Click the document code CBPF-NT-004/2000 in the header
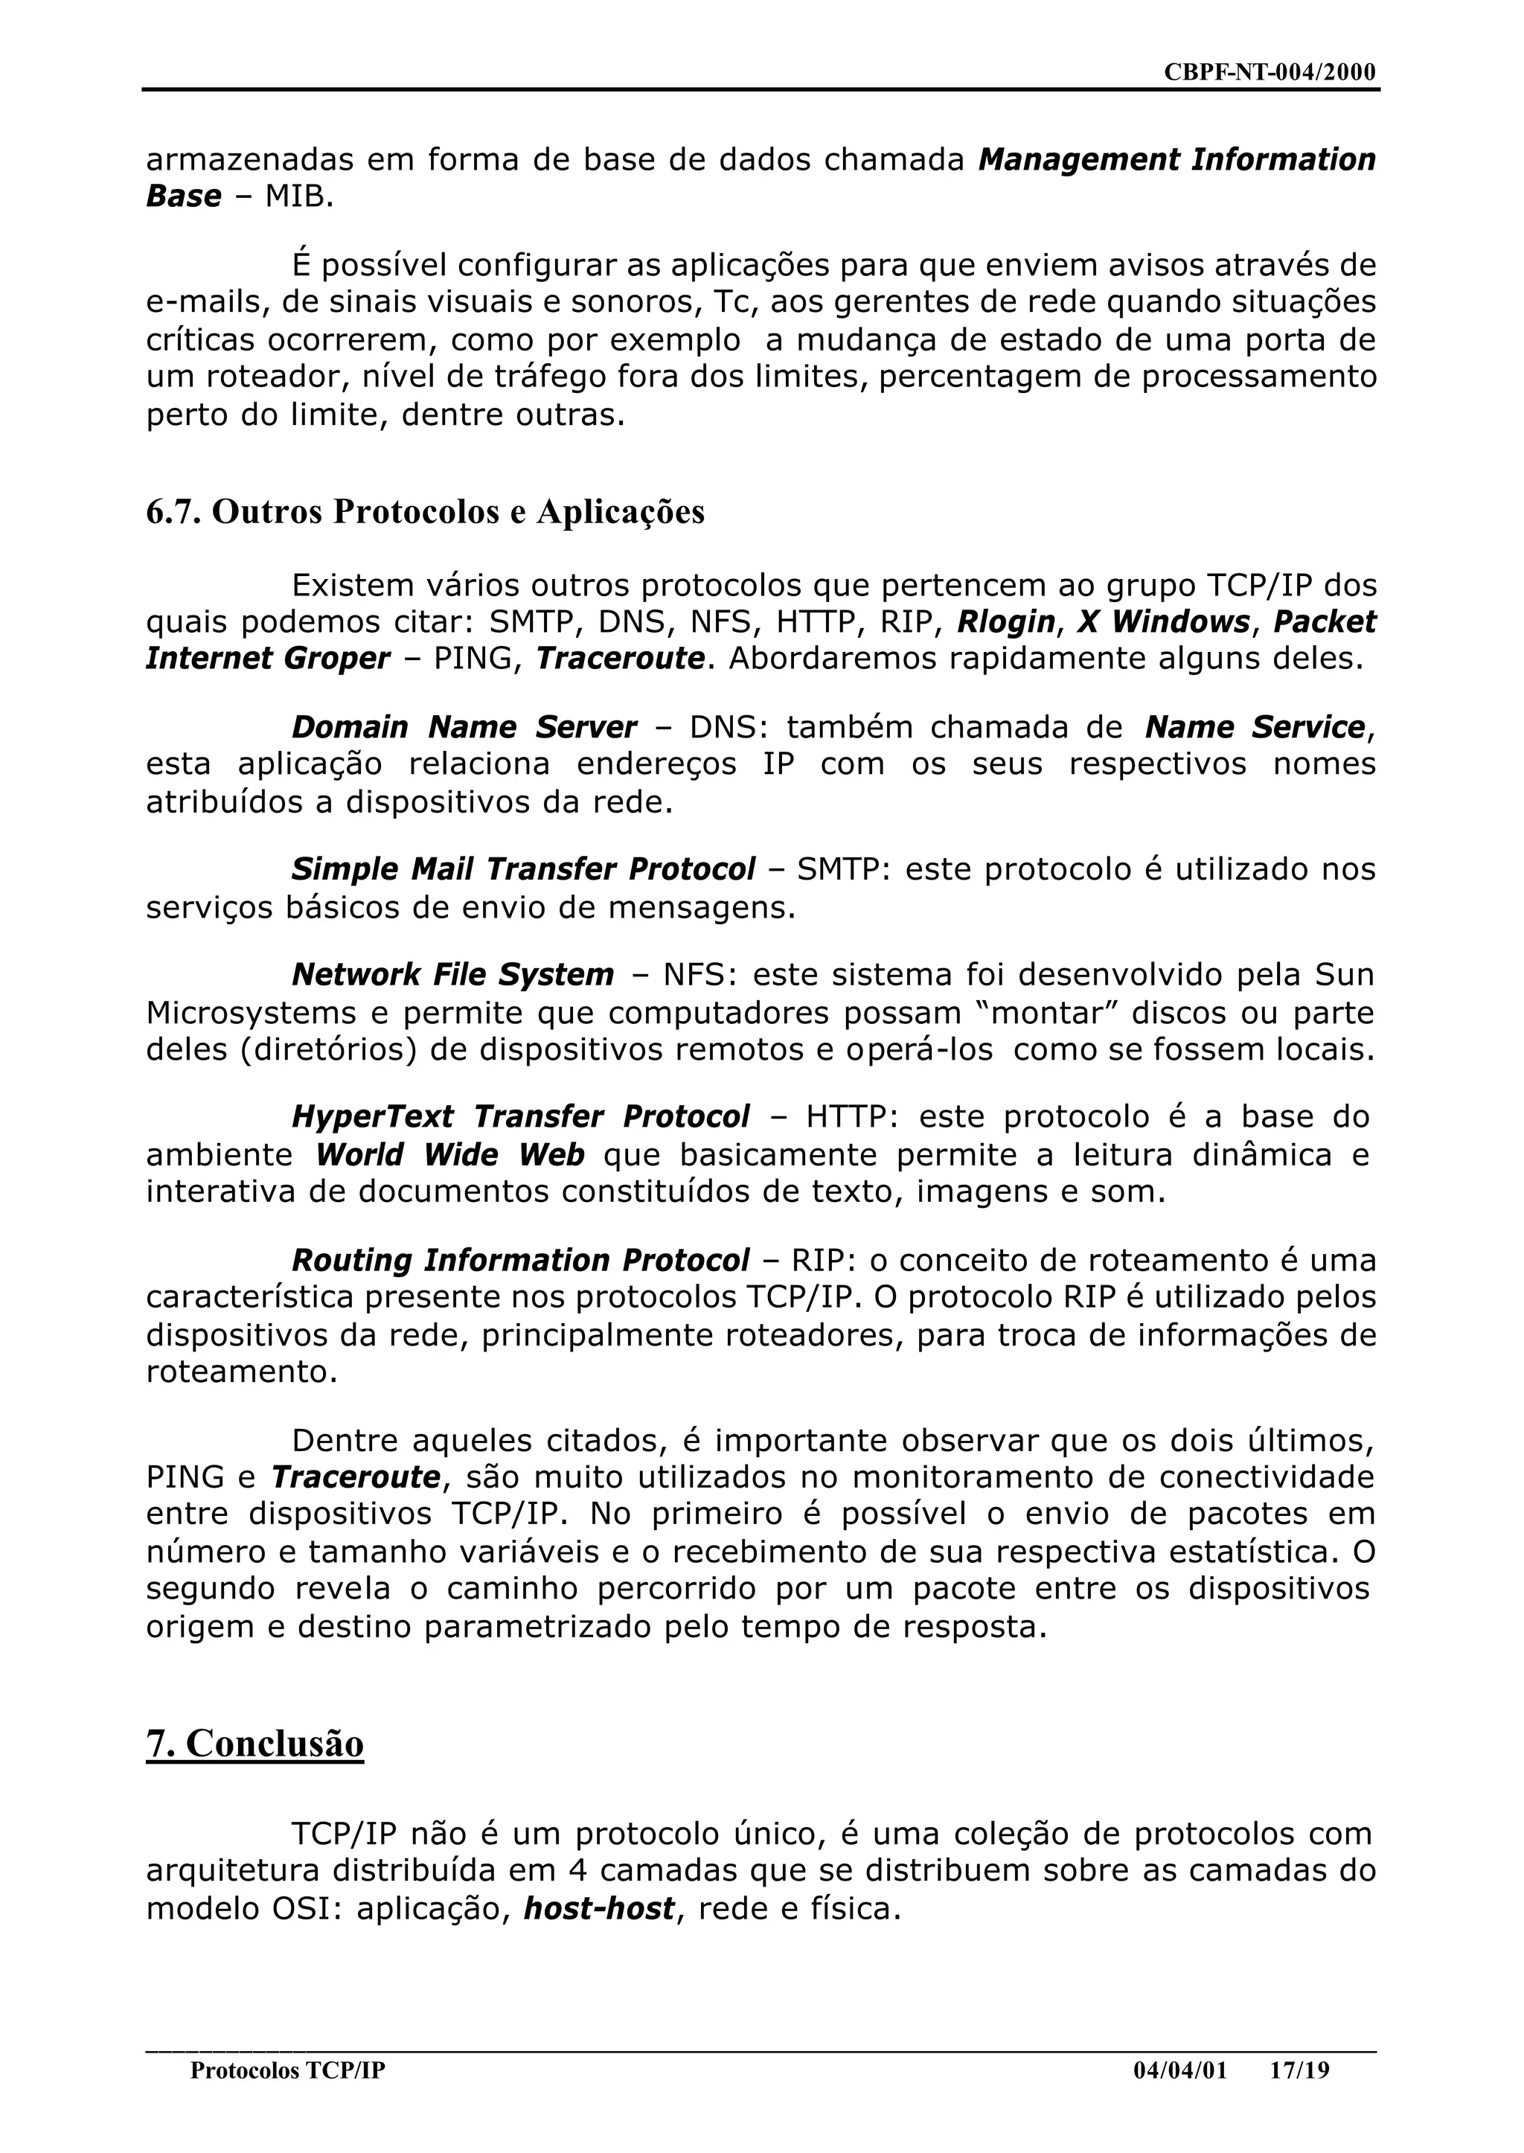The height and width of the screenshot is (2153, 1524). point(1269,72)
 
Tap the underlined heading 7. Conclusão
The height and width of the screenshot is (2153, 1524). point(254,1743)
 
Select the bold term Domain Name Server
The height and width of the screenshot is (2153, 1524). point(464,727)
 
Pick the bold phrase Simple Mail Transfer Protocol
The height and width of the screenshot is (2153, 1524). point(522,869)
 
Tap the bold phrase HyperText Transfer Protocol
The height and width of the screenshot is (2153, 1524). point(521,1117)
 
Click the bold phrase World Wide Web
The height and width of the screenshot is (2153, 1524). point(449,1154)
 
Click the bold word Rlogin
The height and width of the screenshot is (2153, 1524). point(1006,622)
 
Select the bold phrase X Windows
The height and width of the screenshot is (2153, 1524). point(1164,622)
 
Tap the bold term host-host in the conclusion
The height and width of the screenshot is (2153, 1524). point(599,1908)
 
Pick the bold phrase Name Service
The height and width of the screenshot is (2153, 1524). point(1255,727)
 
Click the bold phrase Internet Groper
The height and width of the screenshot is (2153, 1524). point(267,659)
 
